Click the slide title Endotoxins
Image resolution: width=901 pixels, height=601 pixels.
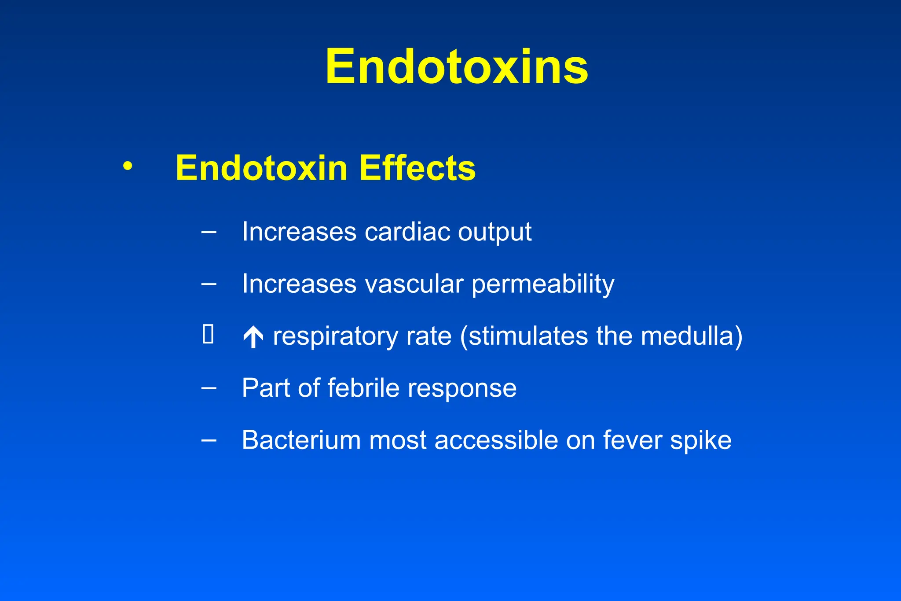457,67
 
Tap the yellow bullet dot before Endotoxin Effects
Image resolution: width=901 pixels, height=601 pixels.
128,166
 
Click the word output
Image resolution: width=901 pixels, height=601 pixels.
494,232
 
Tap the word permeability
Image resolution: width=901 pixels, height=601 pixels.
543,284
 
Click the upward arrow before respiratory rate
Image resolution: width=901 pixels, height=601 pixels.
253,337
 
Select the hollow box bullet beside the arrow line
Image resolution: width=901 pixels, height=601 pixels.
208,334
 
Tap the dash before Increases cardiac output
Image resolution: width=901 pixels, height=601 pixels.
209,232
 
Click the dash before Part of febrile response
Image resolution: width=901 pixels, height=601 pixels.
209,388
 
